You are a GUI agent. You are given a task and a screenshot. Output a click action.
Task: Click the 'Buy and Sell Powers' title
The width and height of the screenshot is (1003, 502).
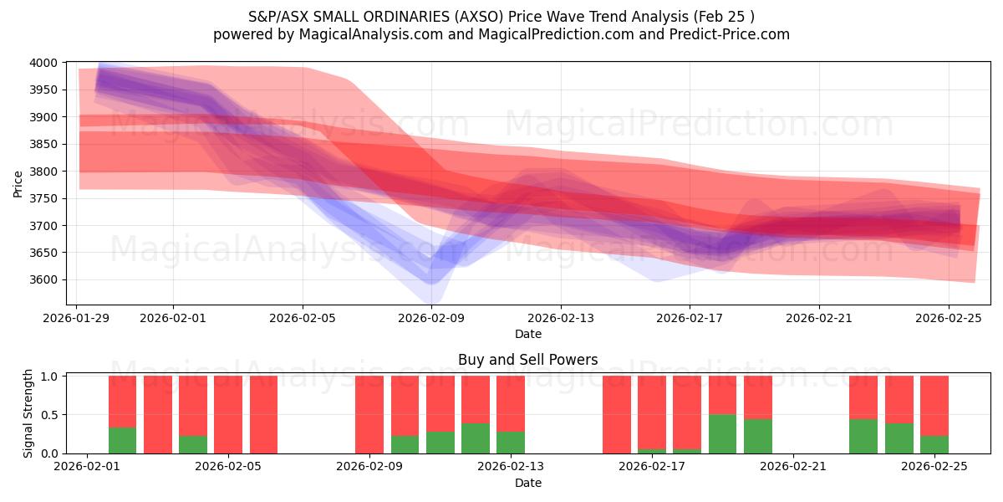[x=527, y=361]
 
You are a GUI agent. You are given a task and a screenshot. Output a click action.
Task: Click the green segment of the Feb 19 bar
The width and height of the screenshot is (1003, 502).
[x=722, y=434]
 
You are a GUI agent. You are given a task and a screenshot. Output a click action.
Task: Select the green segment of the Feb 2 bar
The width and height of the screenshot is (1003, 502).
[x=122, y=441]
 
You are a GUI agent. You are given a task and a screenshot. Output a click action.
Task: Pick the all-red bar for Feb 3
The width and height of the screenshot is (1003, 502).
[x=158, y=414]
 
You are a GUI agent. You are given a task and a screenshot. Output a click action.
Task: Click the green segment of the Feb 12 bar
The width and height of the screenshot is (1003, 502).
[x=476, y=438]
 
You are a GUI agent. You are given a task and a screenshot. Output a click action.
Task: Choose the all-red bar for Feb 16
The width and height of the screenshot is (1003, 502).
[x=617, y=414]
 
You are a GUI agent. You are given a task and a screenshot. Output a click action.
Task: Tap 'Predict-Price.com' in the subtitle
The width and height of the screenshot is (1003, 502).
[x=726, y=34]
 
